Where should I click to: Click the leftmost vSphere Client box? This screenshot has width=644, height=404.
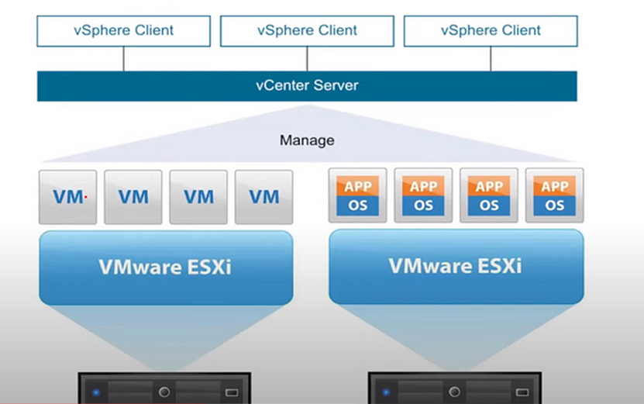pyautogui.click(x=123, y=31)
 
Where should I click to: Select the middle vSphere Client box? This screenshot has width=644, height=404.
pyautogui.click(x=307, y=31)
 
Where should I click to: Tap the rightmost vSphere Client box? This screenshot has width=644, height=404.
pyautogui.click(x=491, y=31)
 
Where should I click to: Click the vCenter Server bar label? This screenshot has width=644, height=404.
pyautogui.click(x=307, y=85)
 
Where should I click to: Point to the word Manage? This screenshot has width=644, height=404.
pyautogui.click(x=307, y=140)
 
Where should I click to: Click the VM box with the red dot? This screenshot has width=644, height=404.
pyautogui.click(x=68, y=197)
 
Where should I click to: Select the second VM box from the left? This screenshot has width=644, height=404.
pyautogui.click(x=133, y=197)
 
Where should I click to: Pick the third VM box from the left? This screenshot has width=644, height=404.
pyautogui.click(x=198, y=197)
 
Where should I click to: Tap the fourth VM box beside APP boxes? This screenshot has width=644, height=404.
pyautogui.click(x=263, y=197)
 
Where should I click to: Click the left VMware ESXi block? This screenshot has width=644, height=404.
pyautogui.click(x=165, y=268)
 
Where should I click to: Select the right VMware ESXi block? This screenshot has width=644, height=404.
pyautogui.click(x=456, y=267)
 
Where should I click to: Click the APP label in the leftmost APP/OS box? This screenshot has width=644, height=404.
pyautogui.click(x=358, y=187)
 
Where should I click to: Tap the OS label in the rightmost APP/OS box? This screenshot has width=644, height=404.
pyautogui.click(x=555, y=205)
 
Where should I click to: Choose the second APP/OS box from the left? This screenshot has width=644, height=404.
pyautogui.click(x=423, y=195)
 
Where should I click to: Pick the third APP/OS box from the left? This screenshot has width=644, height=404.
pyautogui.click(x=489, y=195)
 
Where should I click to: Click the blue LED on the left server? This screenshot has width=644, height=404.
pyautogui.click(x=96, y=392)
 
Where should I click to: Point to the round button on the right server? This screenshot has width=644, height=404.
pyautogui.click(x=455, y=392)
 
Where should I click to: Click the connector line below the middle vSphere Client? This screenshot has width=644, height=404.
pyautogui.click(x=307, y=59)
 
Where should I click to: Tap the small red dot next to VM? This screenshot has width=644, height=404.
pyautogui.click(x=85, y=197)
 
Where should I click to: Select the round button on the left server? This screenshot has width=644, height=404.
pyautogui.click(x=164, y=392)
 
